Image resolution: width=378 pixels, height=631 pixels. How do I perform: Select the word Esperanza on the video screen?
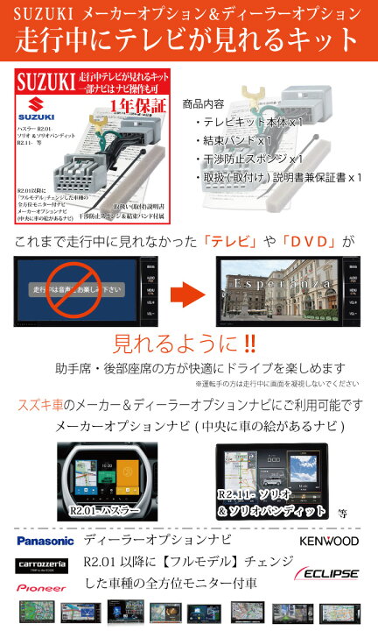pos(278,286)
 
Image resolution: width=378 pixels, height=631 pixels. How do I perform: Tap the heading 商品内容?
pos(207,104)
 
